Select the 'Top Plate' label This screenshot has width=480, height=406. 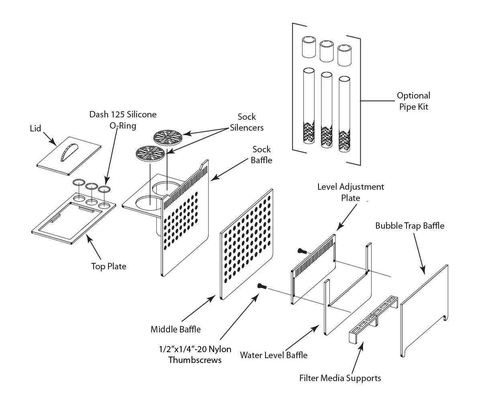[x=108, y=266]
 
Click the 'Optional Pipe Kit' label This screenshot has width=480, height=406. [x=413, y=101]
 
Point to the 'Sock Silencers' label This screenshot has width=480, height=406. [x=246, y=122]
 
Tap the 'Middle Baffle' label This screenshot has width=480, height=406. [x=176, y=330]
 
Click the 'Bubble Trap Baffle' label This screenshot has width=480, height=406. [x=410, y=226]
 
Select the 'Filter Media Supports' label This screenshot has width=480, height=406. [x=340, y=378]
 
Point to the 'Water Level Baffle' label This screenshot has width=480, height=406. [x=274, y=355]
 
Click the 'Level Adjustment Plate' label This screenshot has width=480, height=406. [x=351, y=192]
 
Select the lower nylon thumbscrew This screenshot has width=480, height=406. [x=262, y=287]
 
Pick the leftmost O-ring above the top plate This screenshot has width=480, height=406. [x=79, y=183]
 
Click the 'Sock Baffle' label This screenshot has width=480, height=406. [x=261, y=155]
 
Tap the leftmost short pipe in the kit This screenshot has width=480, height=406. [x=310, y=47]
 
